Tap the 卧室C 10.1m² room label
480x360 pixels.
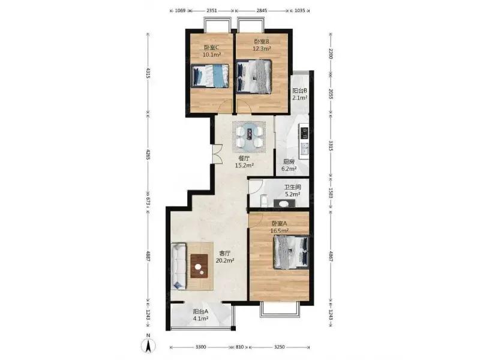click(212, 51)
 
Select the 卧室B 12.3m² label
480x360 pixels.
click(262, 44)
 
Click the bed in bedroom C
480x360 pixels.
click(210, 76)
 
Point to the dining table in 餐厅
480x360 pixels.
click(249, 137)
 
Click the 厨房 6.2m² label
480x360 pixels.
click(289, 165)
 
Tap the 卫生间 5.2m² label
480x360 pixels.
click(293, 190)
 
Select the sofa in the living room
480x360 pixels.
click(178, 266)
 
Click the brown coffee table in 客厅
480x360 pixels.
click(200, 266)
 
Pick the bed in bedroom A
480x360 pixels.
click(291, 252)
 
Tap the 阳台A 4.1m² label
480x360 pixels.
click(201, 314)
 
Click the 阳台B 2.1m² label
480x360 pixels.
click(299, 94)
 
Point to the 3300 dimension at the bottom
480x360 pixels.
click(200, 347)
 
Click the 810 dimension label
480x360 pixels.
click(240, 347)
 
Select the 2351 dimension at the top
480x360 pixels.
click(212, 10)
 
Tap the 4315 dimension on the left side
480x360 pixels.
click(148, 73)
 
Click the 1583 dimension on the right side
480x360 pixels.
click(331, 193)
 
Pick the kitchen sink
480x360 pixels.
click(304, 149)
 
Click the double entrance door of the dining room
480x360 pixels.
click(216, 154)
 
